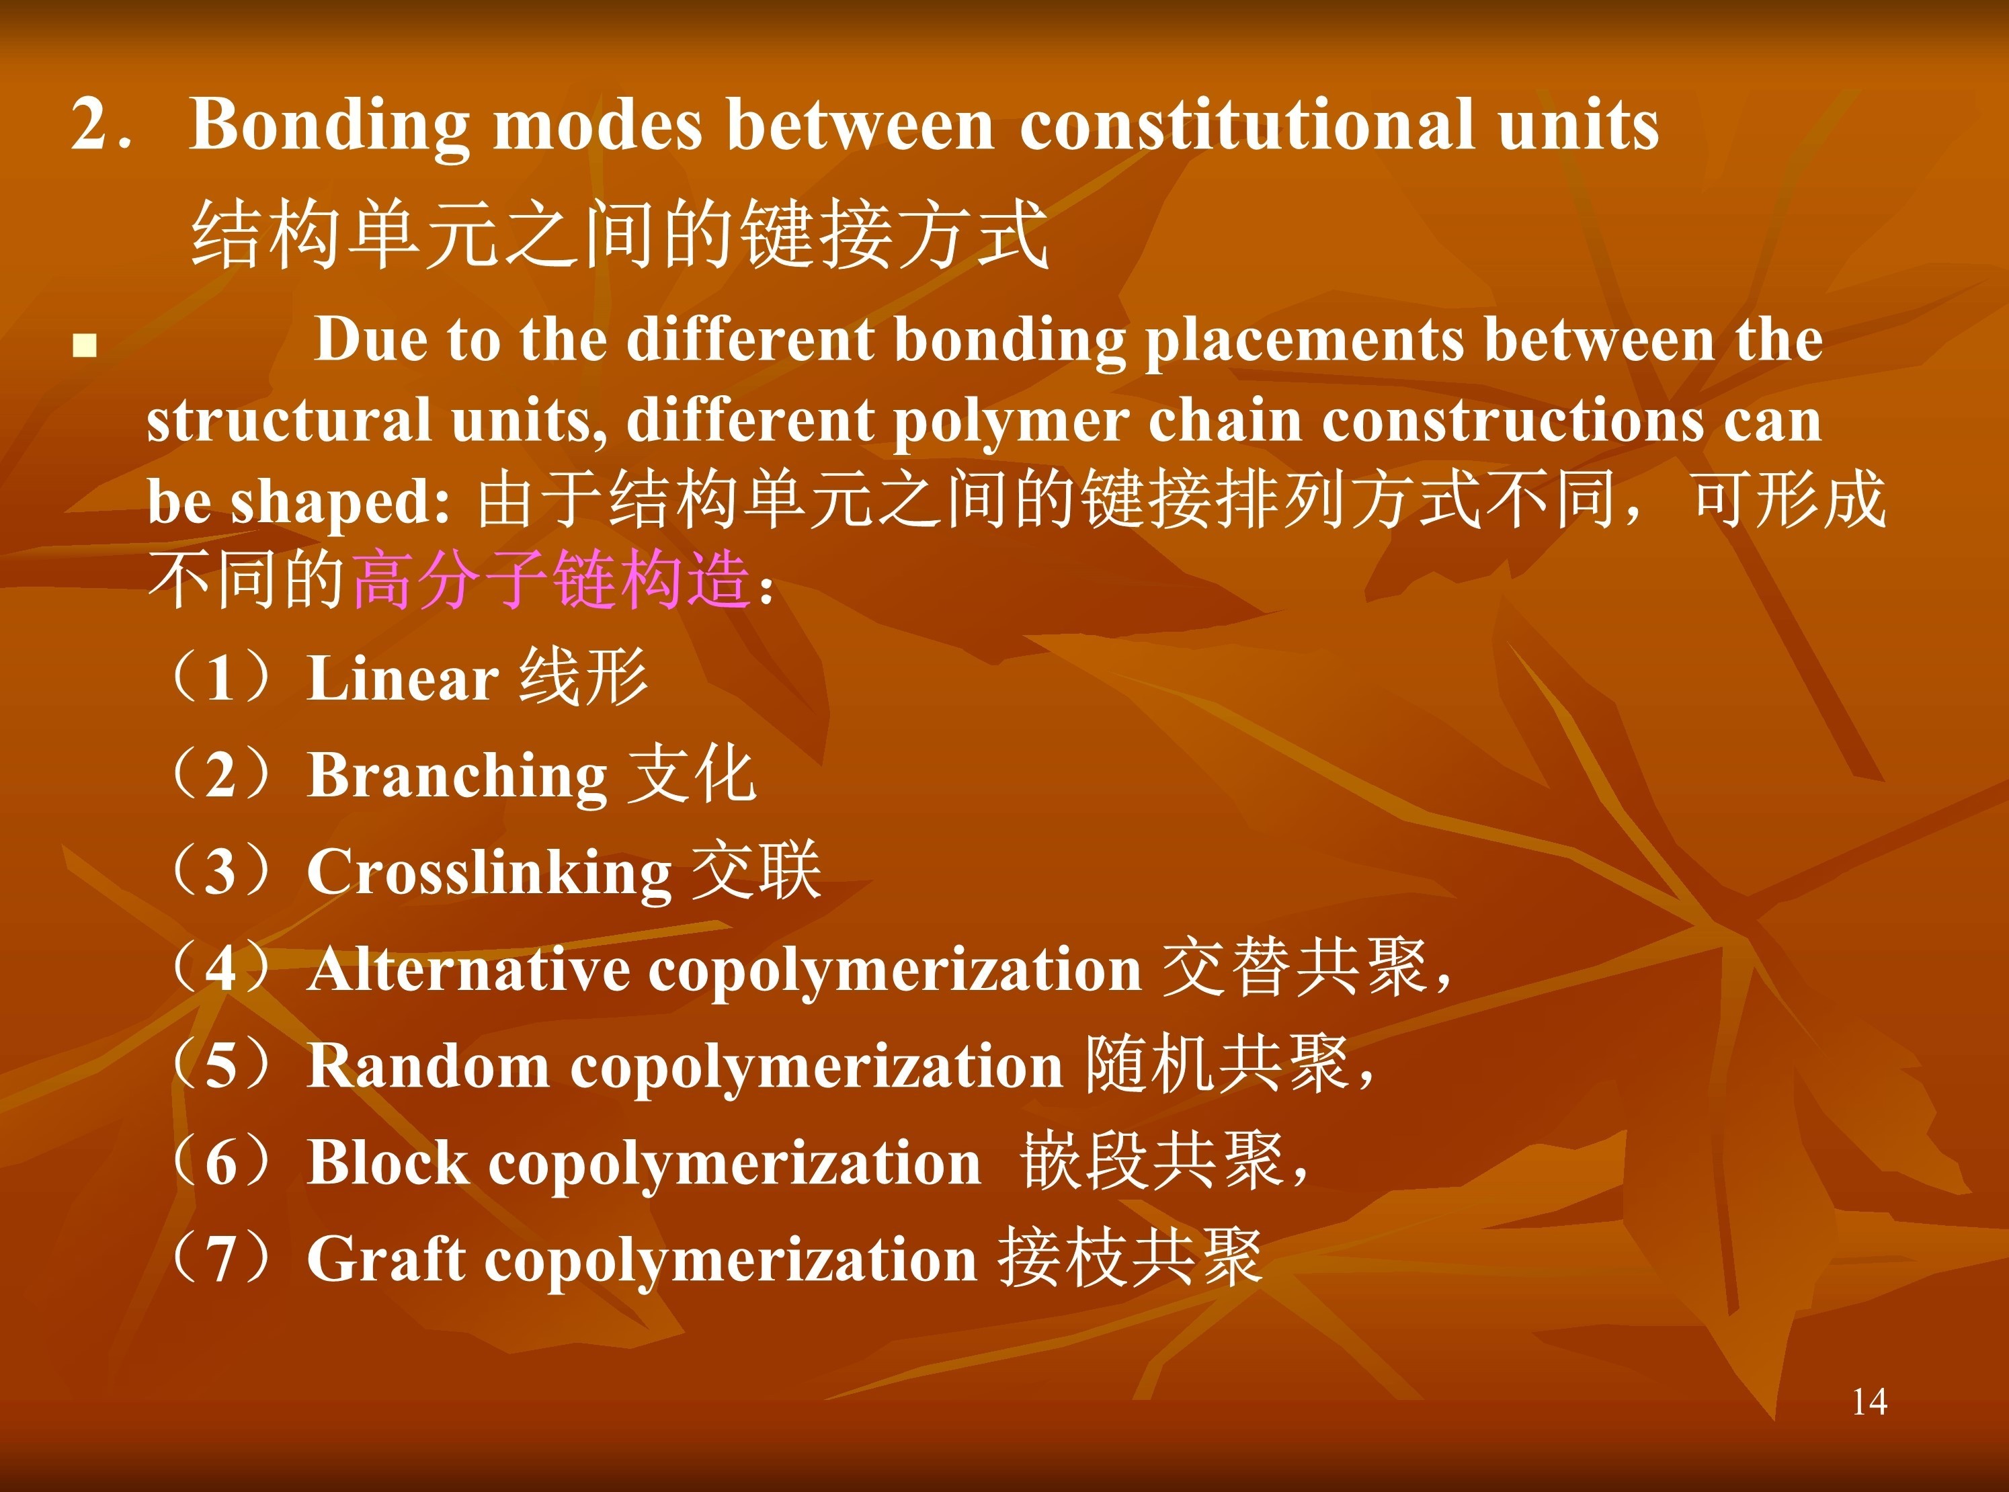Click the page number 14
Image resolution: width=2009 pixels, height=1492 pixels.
[1869, 1403]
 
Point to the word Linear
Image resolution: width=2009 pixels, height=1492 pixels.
[402, 677]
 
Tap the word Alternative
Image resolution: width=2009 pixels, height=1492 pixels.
[469, 969]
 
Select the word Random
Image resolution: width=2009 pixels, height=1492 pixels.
[428, 1066]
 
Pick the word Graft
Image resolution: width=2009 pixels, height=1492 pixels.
[386, 1258]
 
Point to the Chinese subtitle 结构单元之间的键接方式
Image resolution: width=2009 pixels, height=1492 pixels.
[620, 235]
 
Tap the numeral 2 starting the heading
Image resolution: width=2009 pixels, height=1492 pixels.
[89, 124]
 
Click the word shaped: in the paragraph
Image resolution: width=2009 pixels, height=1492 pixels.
[341, 502]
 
